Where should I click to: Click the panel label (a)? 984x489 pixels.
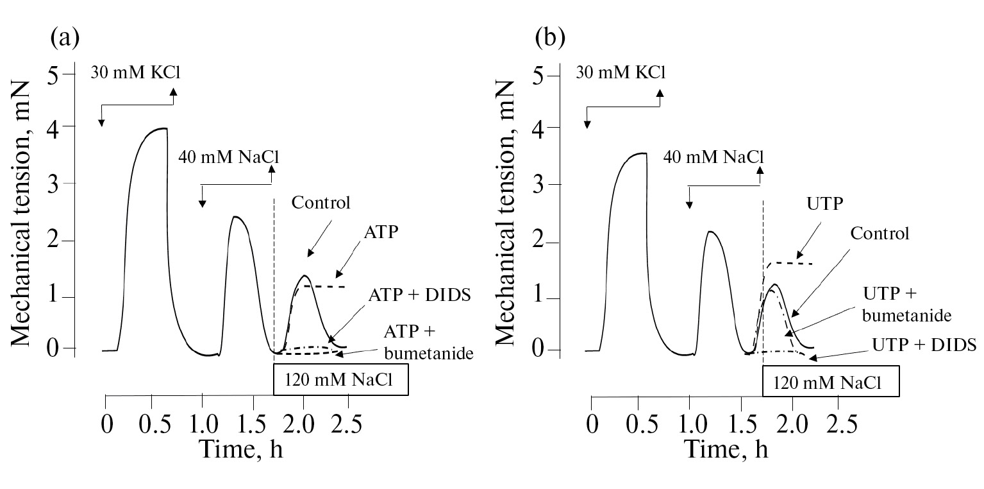coord(64,39)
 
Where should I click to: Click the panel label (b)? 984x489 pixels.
coord(550,39)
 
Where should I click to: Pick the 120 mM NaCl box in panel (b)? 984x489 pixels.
coord(830,383)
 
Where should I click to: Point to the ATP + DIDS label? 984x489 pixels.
coord(420,295)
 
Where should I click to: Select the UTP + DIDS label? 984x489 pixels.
coord(924,345)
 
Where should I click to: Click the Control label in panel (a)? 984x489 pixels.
coord(321,204)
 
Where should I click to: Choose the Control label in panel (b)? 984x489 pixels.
coord(880,234)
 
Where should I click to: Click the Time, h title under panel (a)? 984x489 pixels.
coord(240,449)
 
